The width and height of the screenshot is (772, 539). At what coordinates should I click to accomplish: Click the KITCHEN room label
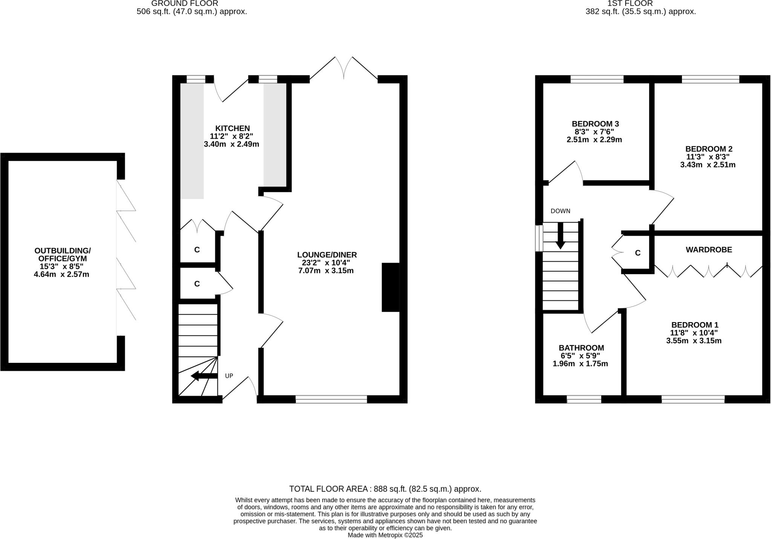[x=232, y=128]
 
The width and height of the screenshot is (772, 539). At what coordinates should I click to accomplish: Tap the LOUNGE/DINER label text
[x=326, y=255]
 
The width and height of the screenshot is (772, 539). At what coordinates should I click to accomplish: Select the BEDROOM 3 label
[x=595, y=124]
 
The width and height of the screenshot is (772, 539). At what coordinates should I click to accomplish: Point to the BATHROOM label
[x=581, y=348]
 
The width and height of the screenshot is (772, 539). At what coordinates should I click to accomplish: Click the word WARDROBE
[x=709, y=250]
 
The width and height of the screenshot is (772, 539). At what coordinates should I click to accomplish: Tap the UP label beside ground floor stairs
[x=229, y=376]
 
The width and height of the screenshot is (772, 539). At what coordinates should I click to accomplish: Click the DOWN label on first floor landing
[x=560, y=211]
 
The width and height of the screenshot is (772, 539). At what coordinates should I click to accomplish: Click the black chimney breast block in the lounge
[x=390, y=287]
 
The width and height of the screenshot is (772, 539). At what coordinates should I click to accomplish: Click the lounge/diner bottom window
[x=331, y=399]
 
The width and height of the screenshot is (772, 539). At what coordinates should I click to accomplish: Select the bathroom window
[x=584, y=399]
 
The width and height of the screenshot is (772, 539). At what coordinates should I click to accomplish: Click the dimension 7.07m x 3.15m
[x=326, y=271]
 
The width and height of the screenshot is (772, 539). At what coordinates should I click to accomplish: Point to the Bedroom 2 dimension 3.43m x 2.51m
[x=708, y=165]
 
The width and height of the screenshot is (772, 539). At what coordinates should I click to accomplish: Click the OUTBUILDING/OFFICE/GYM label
[x=62, y=255]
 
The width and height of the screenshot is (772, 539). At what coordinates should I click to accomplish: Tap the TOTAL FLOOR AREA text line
[x=385, y=489]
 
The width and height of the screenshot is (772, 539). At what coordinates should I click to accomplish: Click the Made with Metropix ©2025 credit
[x=385, y=535]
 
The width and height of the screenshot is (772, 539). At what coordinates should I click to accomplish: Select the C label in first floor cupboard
[x=637, y=253]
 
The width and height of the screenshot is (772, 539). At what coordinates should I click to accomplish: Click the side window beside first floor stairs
[x=539, y=238]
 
